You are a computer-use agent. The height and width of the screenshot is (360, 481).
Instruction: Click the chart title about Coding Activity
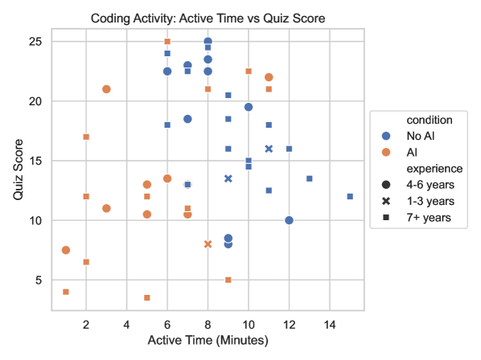click(208, 18)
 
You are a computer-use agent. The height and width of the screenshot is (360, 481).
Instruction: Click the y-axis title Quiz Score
click(18, 170)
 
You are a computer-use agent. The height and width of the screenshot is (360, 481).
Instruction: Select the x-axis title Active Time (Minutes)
click(208, 341)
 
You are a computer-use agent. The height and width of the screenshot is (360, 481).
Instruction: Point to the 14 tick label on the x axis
click(330, 325)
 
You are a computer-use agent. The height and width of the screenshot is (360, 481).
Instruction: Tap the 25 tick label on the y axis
click(35, 41)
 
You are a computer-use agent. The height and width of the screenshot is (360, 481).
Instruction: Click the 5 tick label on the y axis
click(39, 280)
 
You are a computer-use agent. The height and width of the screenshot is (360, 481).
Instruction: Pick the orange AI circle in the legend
click(386, 152)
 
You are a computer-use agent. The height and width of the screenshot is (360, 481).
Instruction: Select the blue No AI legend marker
click(386, 136)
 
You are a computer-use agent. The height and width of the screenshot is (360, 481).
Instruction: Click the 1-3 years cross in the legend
click(386, 201)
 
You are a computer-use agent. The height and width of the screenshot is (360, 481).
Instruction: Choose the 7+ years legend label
click(429, 218)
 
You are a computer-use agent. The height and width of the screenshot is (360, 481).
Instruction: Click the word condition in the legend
click(430, 120)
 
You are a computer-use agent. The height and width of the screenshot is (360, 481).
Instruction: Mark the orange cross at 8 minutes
click(208, 244)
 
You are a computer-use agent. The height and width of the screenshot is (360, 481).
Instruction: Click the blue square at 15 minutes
click(350, 196)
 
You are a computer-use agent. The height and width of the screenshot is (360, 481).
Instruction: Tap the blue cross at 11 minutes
click(269, 149)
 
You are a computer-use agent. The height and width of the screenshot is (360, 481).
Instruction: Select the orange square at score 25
click(167, 41)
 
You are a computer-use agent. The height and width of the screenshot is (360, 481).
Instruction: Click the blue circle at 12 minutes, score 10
click(289, 220)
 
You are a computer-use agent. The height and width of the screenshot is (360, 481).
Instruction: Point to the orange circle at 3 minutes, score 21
click(106, 89)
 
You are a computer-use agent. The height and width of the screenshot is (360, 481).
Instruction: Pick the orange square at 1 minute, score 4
click(66, 292)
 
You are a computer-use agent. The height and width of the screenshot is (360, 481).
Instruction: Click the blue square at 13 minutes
click(310, 178)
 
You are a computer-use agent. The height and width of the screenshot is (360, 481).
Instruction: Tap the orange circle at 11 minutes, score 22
click(269, 77)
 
